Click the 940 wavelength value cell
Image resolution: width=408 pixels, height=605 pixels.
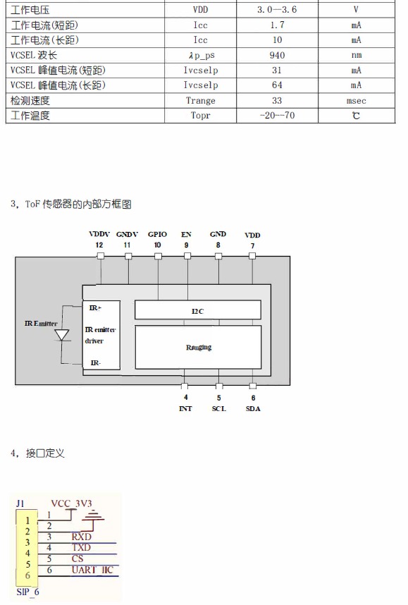(x=277, y=55)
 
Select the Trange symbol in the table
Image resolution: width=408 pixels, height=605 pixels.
(x=201, y=101)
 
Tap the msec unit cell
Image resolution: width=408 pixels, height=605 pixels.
(x=356, y=101)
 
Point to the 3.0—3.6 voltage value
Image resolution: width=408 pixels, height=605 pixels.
(x=277, y=10)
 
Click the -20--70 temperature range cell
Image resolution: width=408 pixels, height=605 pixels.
(x=277, y=116)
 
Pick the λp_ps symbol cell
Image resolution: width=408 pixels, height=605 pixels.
(x=202, y=55)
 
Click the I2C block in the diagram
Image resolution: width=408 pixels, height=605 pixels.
(x=198, y=310)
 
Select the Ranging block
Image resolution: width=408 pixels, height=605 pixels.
(x=198, y=347)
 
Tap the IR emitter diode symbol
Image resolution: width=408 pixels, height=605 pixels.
(x=62, y=335)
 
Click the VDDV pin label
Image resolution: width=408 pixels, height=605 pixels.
(x=99, y=234)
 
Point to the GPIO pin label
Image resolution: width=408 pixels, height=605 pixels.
(x=157, y=234)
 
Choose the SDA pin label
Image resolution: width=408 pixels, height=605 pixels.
(x=253, y=408)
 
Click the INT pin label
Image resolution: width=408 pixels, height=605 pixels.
(x=185, y=408)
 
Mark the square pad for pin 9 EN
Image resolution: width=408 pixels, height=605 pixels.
(x=187, y=256)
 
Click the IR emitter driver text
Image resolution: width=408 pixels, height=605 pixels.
(x=100, y=335)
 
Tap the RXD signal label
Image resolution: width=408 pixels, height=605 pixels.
(x=81, y=537)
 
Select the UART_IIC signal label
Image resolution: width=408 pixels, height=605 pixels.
(x=92, y=570)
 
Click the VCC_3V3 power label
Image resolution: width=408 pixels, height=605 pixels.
(x=71, y=503)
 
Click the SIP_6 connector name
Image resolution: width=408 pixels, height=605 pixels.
(x=27, y=592)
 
